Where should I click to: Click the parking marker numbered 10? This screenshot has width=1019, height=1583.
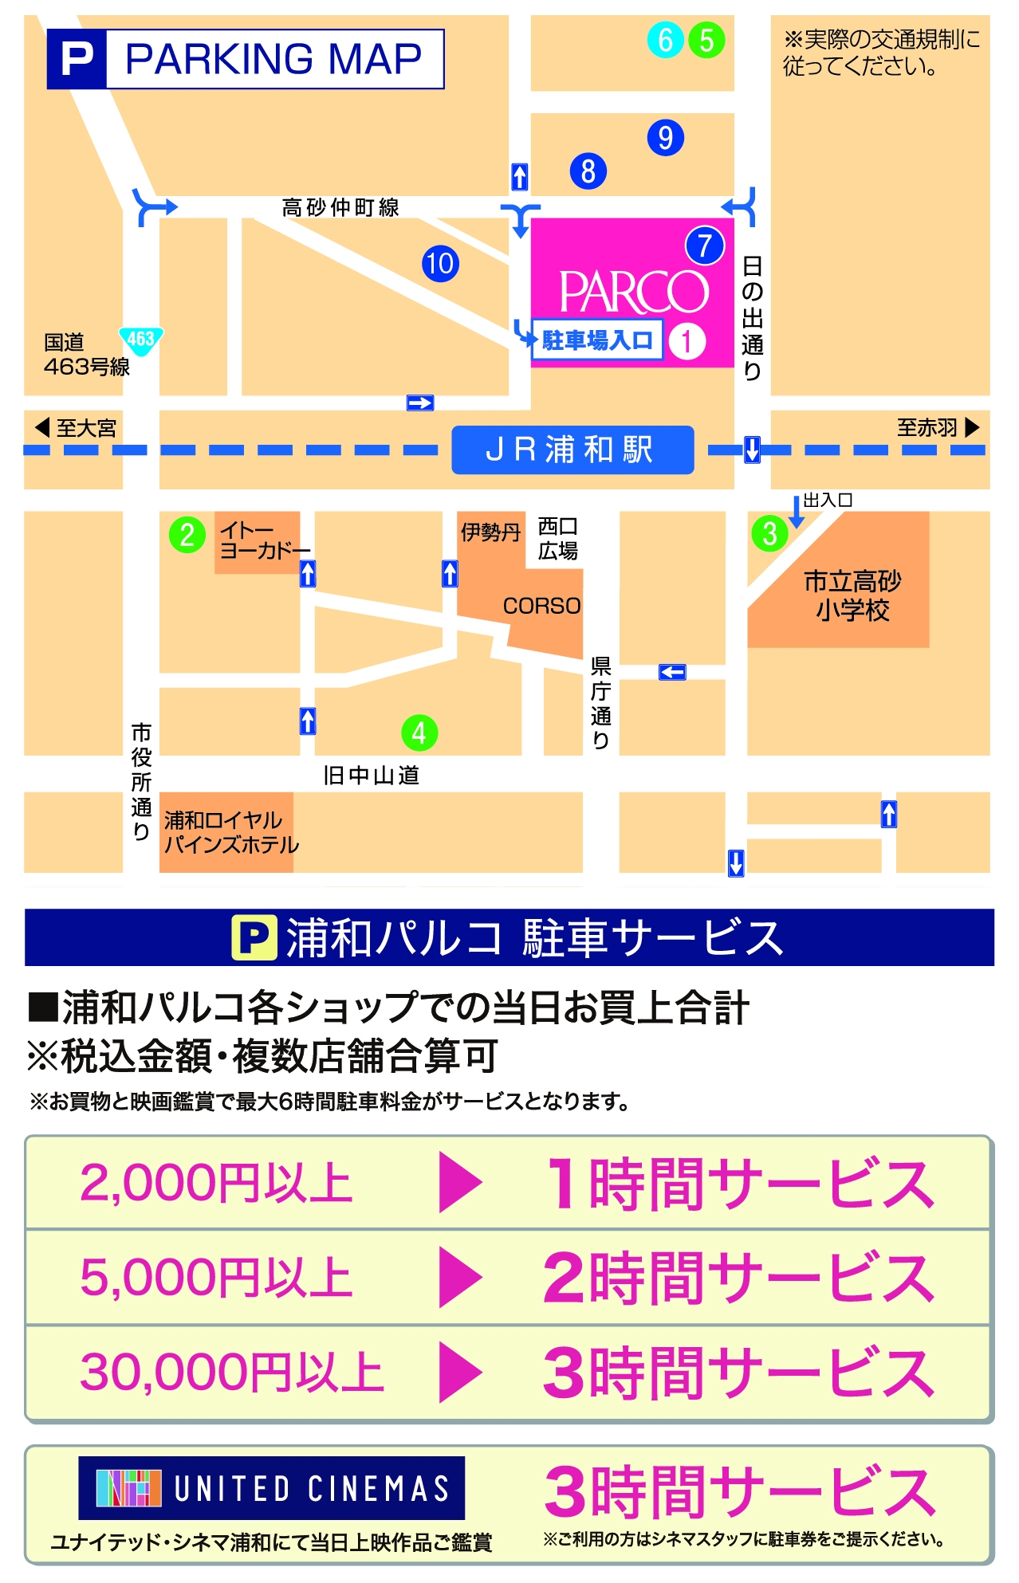[440, 264]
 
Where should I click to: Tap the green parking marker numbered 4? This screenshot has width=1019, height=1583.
[419, 733]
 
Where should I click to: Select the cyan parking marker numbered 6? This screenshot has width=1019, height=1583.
[666, 40]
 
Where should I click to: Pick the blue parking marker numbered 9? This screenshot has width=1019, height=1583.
[666, 138]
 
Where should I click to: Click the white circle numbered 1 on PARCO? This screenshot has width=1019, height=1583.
[687, 341]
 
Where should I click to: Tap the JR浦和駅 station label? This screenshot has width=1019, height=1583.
[572, 450]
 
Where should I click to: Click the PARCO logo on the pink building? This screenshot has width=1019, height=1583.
[633, 292]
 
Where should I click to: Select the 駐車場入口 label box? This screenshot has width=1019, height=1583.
[597, 340]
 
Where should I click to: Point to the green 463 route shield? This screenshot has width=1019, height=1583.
[141, 340]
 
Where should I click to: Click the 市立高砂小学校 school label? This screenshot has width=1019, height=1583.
[852, 595]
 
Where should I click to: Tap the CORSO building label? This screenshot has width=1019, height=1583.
[541, 607]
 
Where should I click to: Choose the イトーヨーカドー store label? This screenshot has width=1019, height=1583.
[264, 540]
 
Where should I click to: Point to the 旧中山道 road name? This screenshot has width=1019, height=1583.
[371, 775]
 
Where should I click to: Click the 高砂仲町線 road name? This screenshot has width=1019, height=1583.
[340, 208]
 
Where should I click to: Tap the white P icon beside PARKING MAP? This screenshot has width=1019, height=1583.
[77, 59]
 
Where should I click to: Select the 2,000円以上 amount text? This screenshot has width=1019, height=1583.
[216, 1183]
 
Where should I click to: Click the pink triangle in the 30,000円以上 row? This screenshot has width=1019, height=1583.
[460, 1372]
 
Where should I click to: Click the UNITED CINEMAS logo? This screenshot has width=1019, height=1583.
[272, 1488]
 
